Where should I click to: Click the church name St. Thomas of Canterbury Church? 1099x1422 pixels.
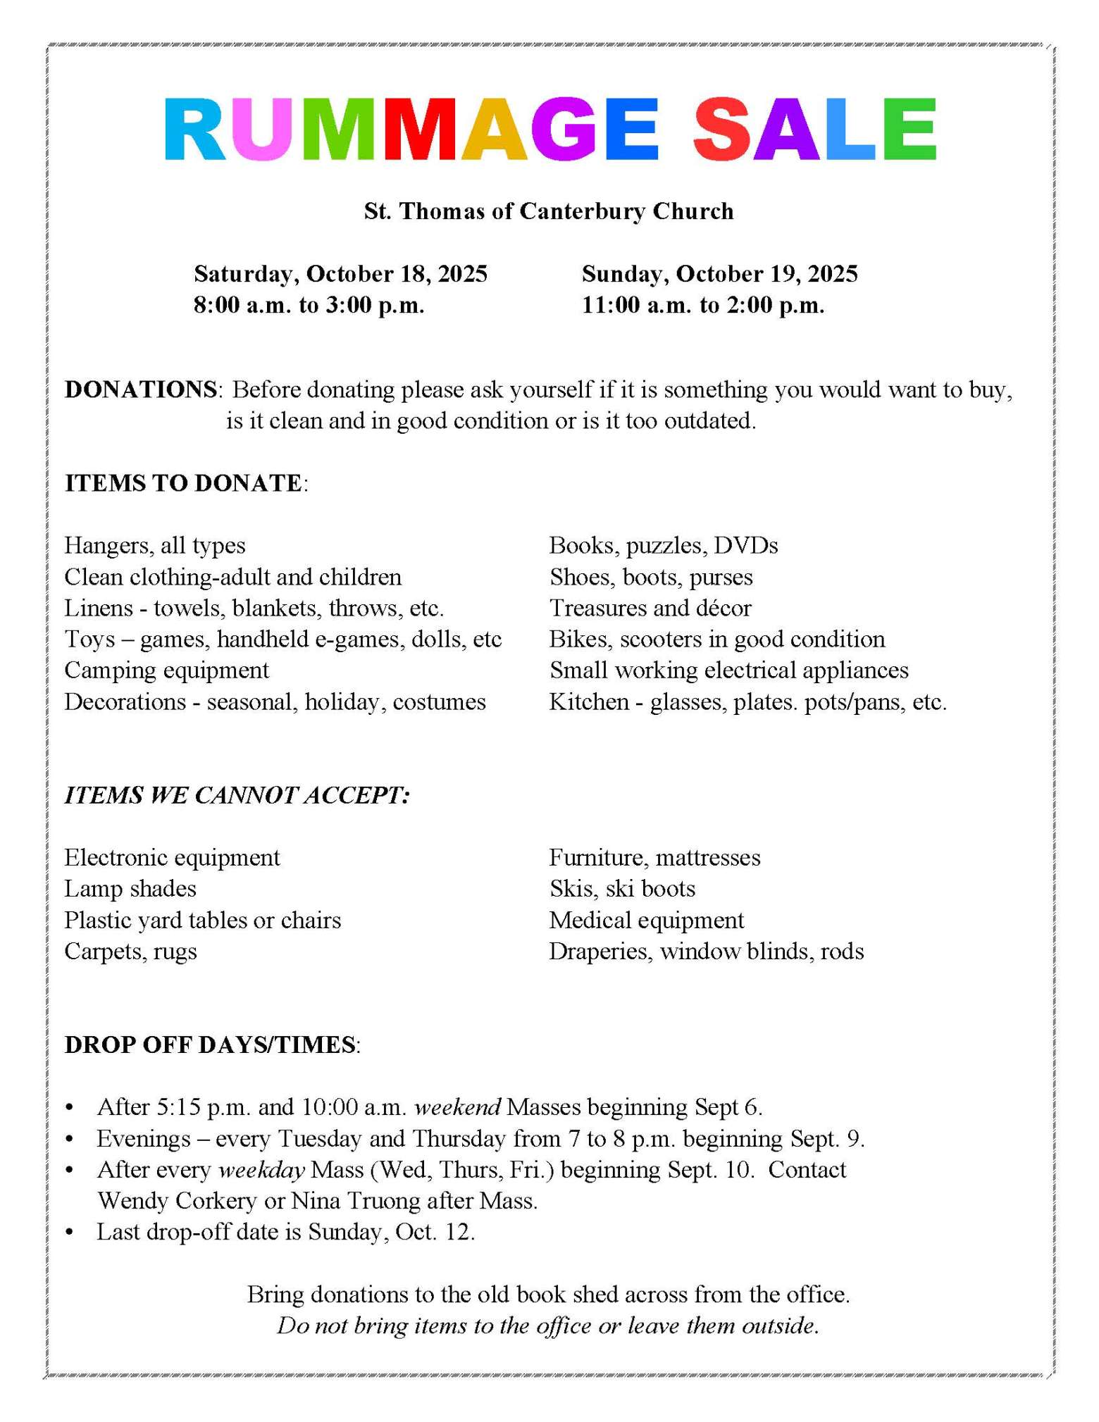point(549,211)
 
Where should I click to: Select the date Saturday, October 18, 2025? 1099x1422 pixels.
point(340,274)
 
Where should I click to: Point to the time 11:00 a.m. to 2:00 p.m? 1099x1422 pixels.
point(702,306)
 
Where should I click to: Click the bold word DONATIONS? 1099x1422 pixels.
point(141,389)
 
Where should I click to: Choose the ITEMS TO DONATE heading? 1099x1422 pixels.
point(183,483)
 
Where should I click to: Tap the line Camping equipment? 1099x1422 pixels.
point(166,670)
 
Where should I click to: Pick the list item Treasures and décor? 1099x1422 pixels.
point(650,608)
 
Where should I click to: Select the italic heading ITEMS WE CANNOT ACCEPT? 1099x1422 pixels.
point(237,795)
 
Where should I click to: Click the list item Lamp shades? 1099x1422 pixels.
point(130,889)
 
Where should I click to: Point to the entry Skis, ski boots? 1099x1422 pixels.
point(622,889)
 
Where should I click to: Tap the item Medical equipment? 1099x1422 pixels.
point(646,920)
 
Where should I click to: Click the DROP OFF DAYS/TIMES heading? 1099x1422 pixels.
point(210,1045)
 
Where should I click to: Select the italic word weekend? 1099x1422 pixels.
point(457,1107)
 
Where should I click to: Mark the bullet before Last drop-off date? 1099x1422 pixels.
point(69,1233)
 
